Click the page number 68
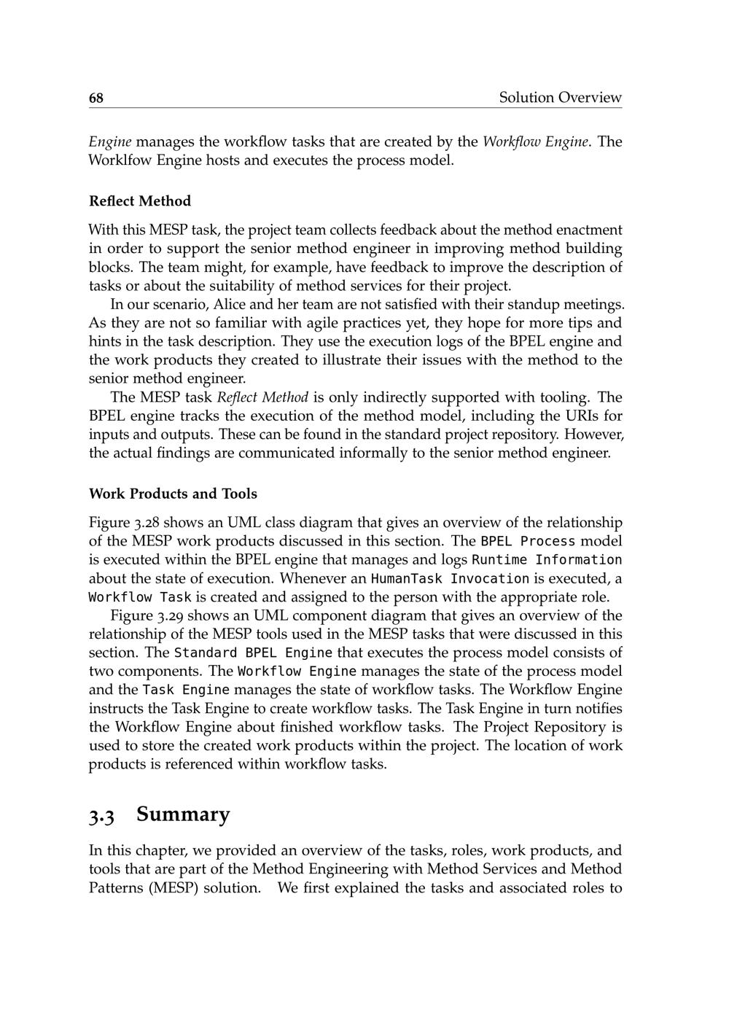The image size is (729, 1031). pyautogui.click(x=96, y=98)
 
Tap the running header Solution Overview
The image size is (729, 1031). pyautogui.click(x=560, y=98)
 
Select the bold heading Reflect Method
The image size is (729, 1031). pyautogui.click(x=140, y=201)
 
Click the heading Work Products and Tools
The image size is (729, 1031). pyautogui.click(x=173, y=494)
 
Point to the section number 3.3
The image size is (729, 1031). pyautogui.click(x=102, y=815)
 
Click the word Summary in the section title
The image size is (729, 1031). pyautogui.click(x=183, y=814)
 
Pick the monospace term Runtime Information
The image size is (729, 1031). pyautogui.click(x=547, y=560)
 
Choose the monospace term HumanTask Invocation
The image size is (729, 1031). pyautogui.click(x=450, y=579)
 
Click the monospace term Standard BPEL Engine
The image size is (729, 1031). pyautogui.click(x=253, y=653)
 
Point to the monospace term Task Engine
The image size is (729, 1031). pyautogui.click(x=186, y=690)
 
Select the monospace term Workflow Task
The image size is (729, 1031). pyautogui.click(x=140, y=597)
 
